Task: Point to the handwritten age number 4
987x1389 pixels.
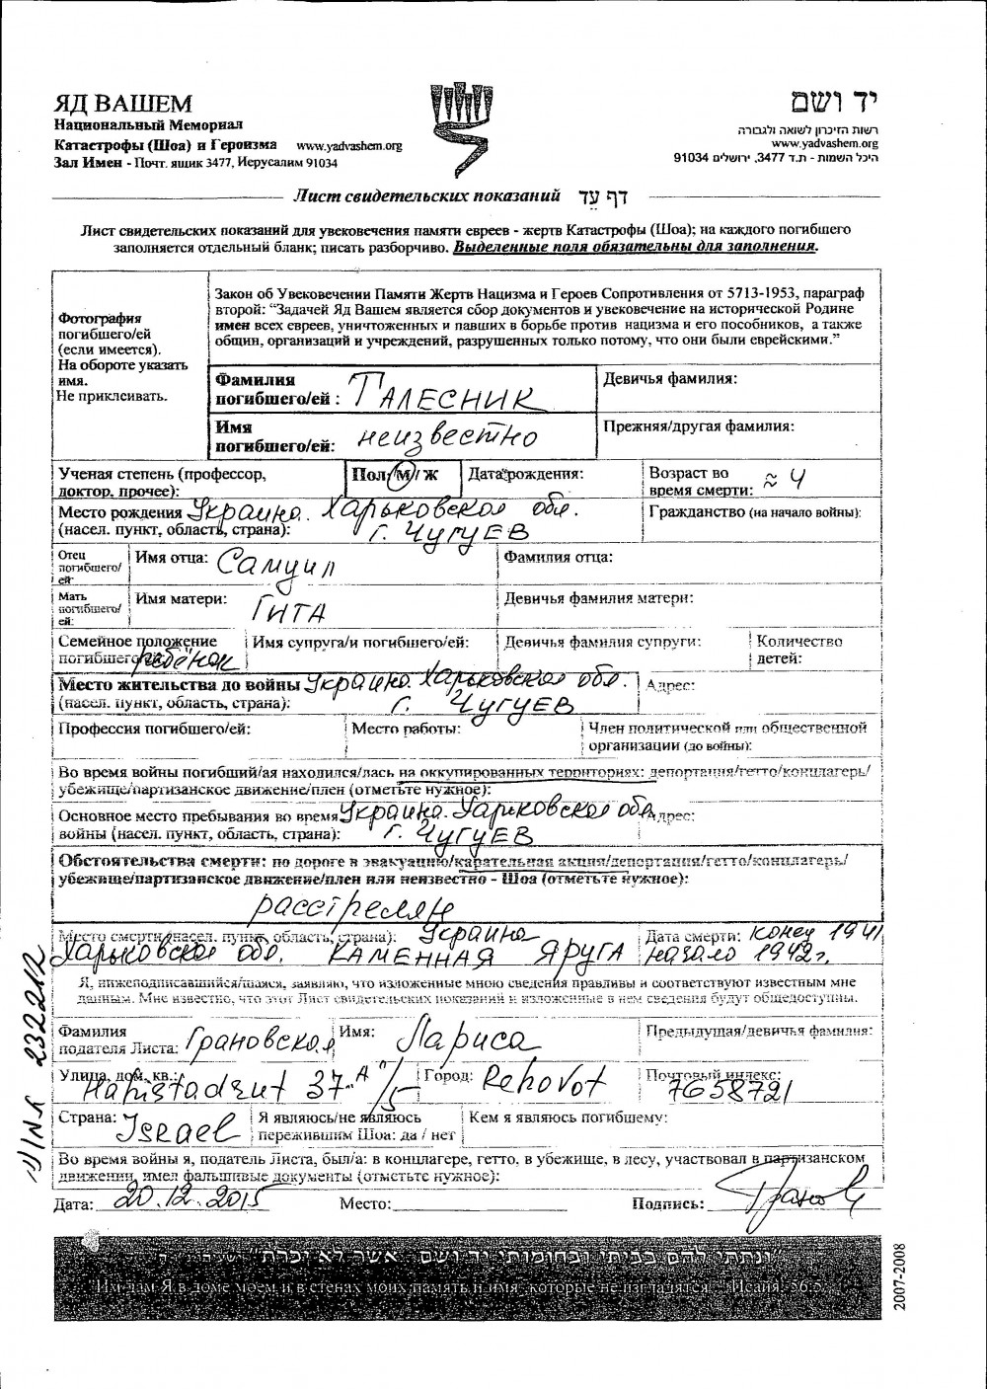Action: tap(798, 482)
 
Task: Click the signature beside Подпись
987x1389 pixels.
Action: tap(797, 1196)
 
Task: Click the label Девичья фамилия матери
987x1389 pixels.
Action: tap(598, 598)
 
